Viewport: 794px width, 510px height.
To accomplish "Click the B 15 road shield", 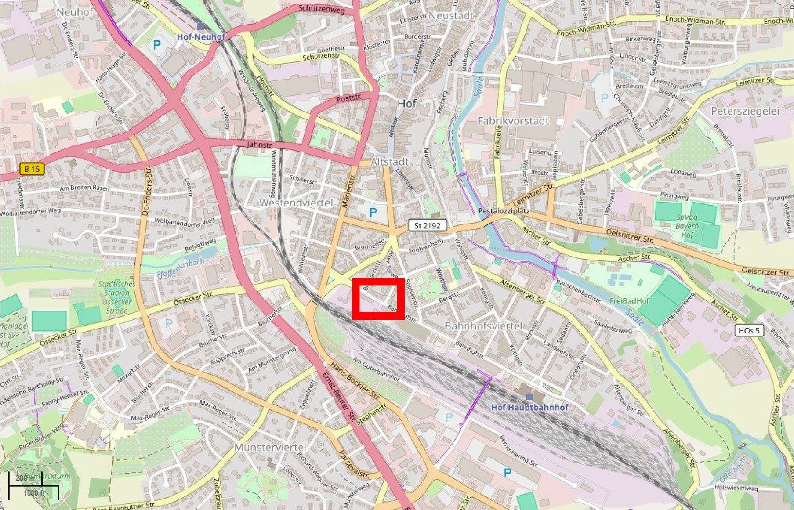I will click(32, 169).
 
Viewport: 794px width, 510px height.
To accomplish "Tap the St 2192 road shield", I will click(427, 226).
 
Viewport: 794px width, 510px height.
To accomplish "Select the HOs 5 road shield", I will click(749, 330).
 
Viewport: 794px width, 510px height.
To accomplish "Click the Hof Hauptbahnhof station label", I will click(529, 407).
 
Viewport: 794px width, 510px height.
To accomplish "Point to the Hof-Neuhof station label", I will click(201, 36).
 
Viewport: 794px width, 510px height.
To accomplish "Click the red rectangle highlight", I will click(378, 298).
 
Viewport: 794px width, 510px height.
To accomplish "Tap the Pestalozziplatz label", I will click(504, 211).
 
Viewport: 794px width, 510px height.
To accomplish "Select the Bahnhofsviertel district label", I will click(483, 326).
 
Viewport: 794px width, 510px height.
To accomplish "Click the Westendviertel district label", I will click(296, 203).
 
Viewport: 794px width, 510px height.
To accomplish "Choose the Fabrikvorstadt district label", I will click(513, 120).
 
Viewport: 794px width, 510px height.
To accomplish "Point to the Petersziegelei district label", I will click(745, 111).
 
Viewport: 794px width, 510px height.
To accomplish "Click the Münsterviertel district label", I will click(270, 447).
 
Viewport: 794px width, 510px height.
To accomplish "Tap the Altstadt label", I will click(389, 162).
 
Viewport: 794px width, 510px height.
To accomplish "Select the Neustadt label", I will click(451, 16).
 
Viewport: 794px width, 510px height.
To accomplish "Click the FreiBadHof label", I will click(629, 301).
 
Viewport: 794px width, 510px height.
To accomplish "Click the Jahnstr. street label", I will click(260, 144).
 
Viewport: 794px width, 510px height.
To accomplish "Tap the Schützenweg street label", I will click(321, 9).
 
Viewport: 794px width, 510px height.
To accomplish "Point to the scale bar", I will click(33, 485).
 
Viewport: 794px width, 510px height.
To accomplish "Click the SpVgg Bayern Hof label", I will click(687, 226).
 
